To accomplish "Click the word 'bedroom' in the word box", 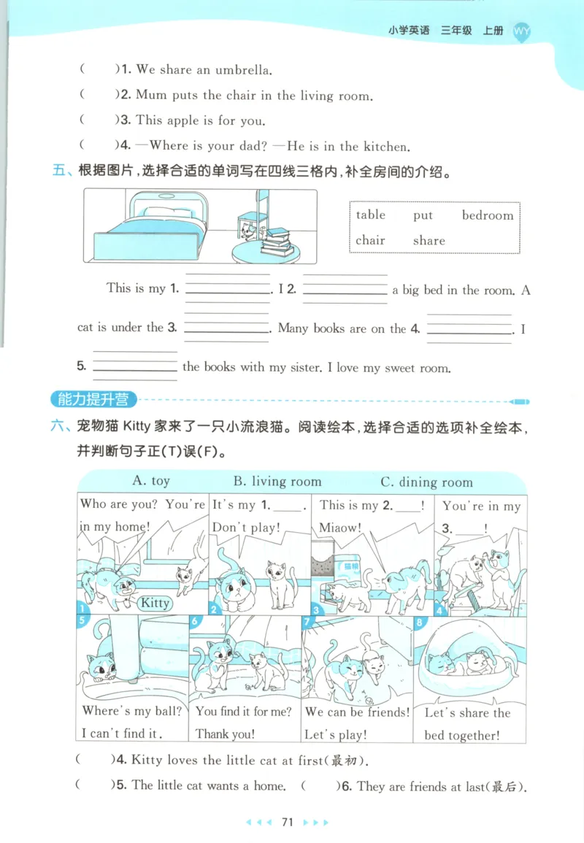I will [488, 215].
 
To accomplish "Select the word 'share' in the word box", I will [429, 240].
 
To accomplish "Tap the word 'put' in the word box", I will [423, 215].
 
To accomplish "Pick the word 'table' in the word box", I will [371, 215].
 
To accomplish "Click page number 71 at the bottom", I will [287, 822].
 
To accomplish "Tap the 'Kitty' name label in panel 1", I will [154, 603].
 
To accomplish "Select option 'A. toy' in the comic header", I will [151, 481].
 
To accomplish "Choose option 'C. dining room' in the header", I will [426, 482].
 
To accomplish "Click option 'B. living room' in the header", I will [277, 481].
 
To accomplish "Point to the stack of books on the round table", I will [276, 240].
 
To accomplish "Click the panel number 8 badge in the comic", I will [419, 623].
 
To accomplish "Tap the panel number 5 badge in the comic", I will [82, 621].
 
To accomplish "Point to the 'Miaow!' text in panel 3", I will [340, 527].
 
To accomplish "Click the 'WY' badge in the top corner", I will [522, 31].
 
